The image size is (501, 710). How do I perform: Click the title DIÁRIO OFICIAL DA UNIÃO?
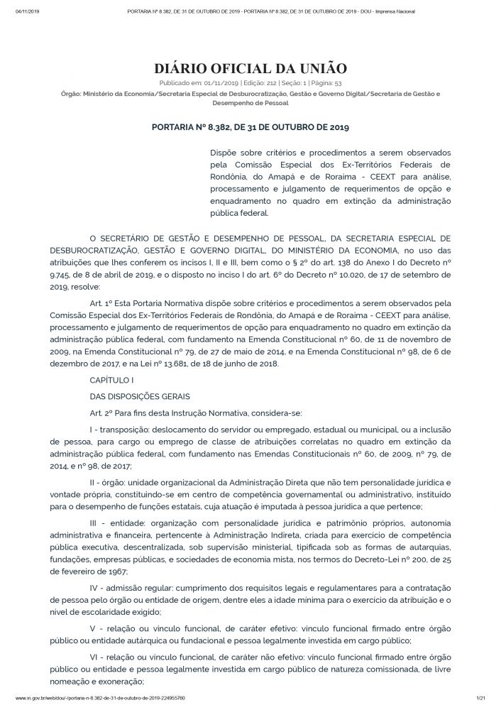coord(250,69)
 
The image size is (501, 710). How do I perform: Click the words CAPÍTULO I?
coord(108,381)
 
